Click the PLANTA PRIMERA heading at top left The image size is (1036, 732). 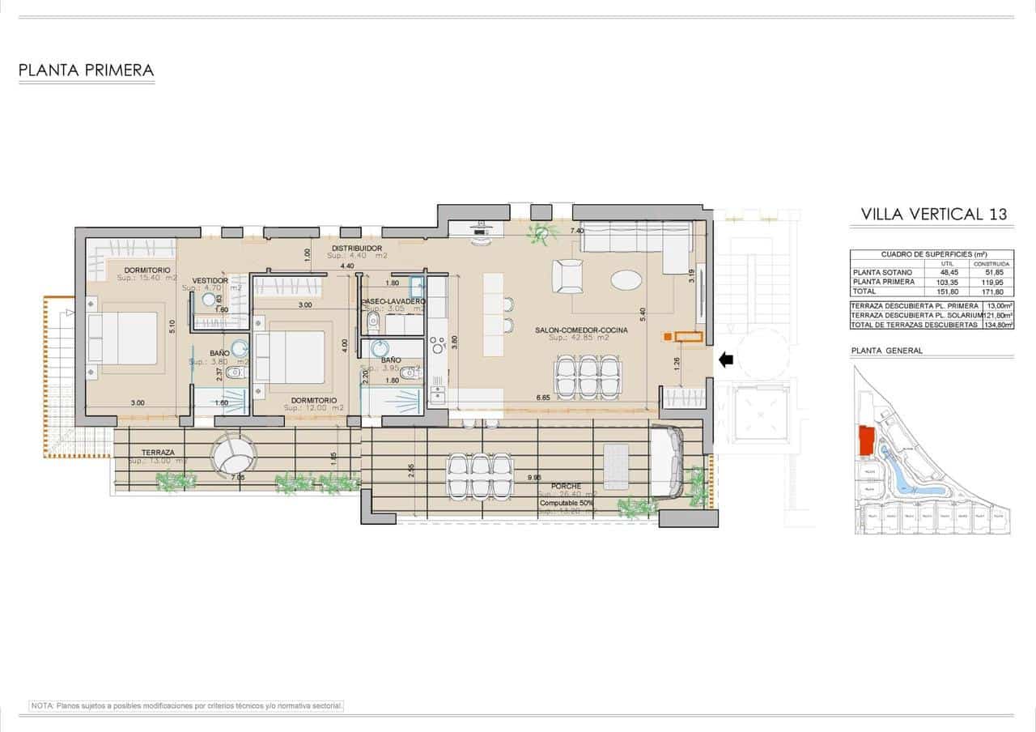pyautogui.click(x=86, y=70)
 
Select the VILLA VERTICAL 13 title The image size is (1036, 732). pyautogui.click(x=934, y=215)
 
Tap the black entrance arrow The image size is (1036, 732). pyautogui.click(x=726, y=359)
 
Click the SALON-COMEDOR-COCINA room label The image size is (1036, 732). pyautogui.click(x=581, y=330)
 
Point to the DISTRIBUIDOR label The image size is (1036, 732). pyautogui.click(x=357, y=248)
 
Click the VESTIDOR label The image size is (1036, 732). pyautogui.click(x=210, y=280)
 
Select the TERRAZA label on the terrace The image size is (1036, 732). pyautogui.click(x=158, y=452)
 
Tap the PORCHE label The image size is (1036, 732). pyautogui.click(x=567, y=486)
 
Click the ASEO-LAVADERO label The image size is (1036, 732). pyautogui.click(x=393, y=300)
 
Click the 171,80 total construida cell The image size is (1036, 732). pyautogui.click(x=991, y=292)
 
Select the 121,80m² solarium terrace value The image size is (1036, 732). pyautogui.click(x=996, y=315)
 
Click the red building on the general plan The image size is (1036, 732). pyautogui.click(x=866, y=440)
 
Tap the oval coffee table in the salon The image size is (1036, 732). pyautogui.click(x=628, y=280)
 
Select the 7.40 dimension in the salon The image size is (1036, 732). pyautogui.click(x=576, y=232)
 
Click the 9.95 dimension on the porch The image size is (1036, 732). pyautogui.click(x=534, y=478)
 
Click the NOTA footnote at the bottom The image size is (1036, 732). pyautogui.click(x=187, y=706)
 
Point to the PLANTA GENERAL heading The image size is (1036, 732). pyautogui.click(x=887, y=351)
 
